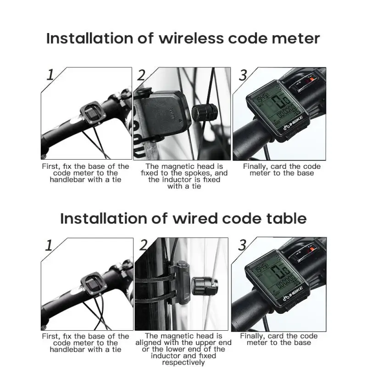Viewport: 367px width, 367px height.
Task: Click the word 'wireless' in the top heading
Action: coord(191,39)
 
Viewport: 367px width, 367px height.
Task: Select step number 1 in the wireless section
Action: coord(50,75)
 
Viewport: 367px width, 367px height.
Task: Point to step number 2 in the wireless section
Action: coord(141,75)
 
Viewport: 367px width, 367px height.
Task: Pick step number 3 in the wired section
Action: coord(242,245)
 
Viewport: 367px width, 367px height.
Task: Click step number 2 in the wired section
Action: coord(143,245)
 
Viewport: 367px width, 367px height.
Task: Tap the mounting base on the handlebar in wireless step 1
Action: coord(93,113)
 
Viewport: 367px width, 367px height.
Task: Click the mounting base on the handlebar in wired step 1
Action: coord(94,284)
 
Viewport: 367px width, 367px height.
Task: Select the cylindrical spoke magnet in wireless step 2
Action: coord(204,112)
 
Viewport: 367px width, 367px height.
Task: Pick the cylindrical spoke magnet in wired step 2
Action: coord(205,286)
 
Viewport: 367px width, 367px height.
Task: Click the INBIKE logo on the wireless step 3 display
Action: coord(293,123)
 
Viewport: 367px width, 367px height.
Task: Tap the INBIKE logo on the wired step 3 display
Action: coord(293,294)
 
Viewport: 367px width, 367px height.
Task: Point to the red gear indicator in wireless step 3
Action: coord(311,80)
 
